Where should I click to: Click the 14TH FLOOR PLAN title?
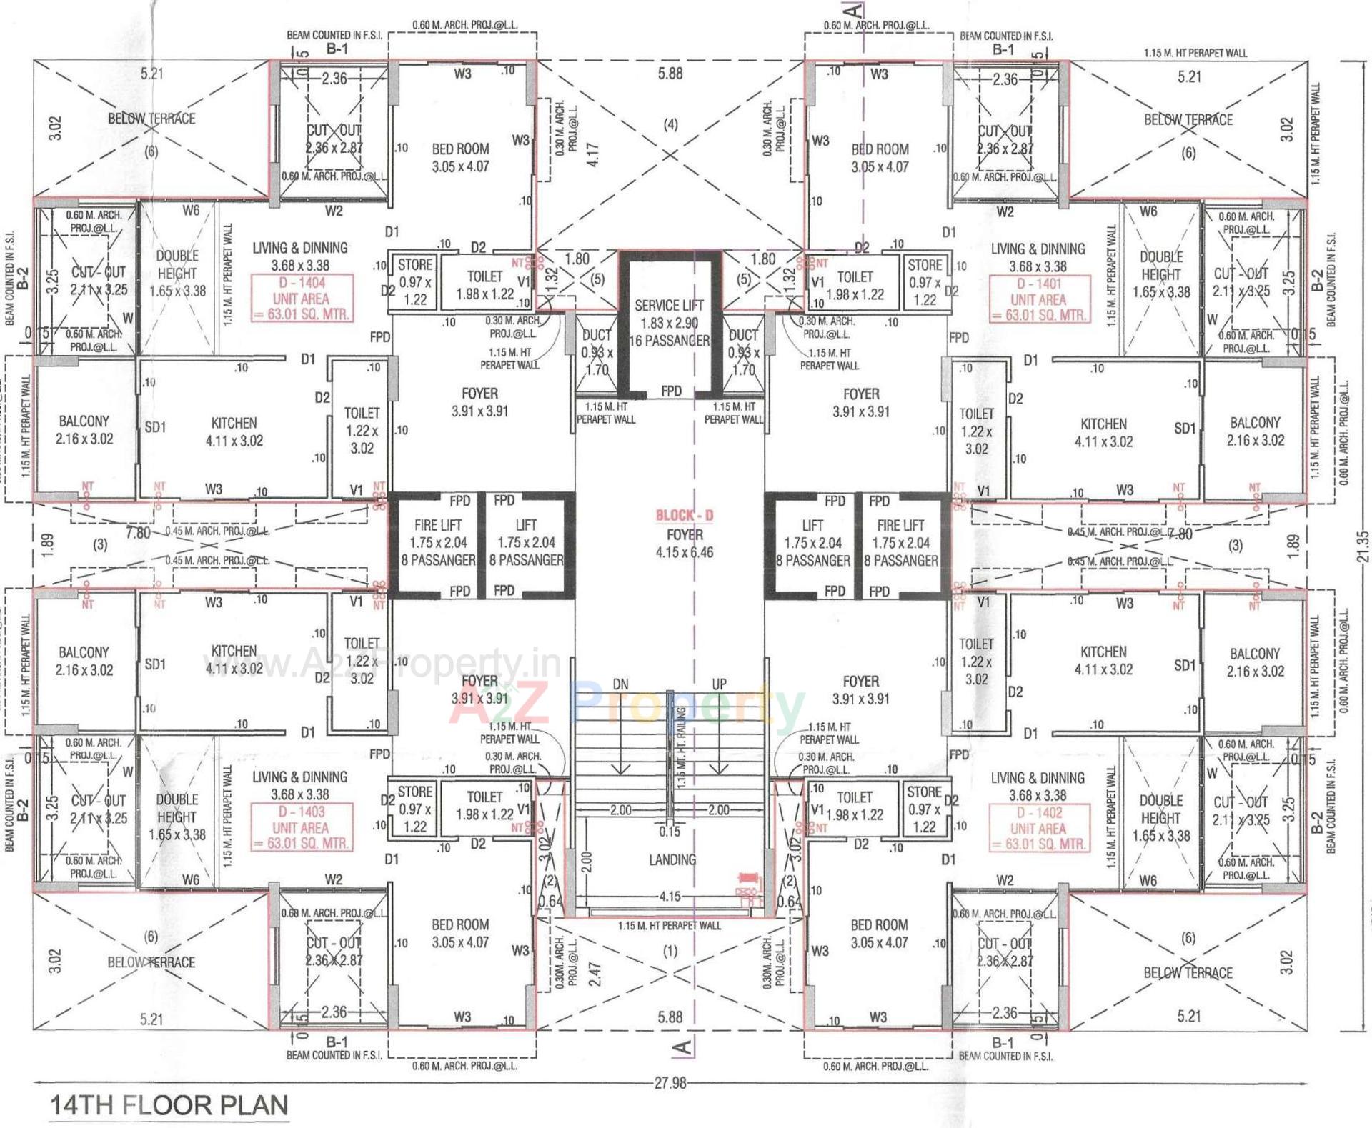coord(169,1104)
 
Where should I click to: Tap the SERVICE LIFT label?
coord(669,306)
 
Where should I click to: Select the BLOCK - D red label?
coord(685,515)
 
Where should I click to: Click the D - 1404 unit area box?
coord(301,299)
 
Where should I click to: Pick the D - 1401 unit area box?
coord(1038,299)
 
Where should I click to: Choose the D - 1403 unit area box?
coord(301,827)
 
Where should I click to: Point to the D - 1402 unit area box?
coord(1038,828)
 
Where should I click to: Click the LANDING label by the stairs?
coord(672,859)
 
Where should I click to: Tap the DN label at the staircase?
coord(620,684)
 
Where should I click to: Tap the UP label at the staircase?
coord(719,684)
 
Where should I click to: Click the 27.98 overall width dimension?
coord(670,1083)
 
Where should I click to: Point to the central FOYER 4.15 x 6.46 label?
coord(685,543)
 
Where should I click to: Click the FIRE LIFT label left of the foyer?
coord(437,525)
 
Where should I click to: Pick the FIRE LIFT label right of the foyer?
coord(900,525)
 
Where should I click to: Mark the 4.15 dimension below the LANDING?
coord(670,896)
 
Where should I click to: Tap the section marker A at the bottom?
coord(683,1047)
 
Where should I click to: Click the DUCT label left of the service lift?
coord(596,335)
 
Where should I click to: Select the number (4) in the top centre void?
coord(670,125)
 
